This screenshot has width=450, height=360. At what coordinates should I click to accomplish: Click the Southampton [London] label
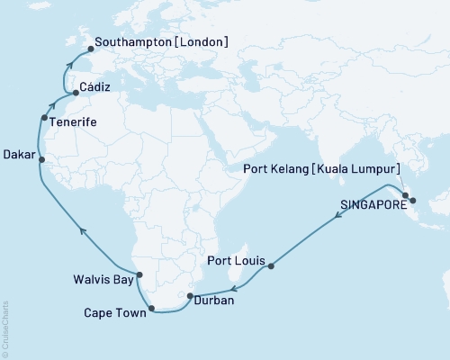162,42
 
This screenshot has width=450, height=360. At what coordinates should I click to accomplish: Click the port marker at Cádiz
76,93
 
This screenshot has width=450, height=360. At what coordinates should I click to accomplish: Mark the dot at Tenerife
44,118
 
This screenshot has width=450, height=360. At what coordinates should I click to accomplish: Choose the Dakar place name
20,154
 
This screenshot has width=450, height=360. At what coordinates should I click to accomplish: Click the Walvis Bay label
103,278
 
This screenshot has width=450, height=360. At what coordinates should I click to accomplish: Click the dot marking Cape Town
151,309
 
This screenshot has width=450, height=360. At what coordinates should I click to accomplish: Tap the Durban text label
214,301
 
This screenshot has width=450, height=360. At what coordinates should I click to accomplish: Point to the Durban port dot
190,295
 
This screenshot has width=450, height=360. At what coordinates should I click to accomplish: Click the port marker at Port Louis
271,265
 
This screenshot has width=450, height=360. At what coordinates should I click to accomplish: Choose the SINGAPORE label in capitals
372,205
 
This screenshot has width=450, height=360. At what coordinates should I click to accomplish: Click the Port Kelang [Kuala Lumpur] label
334,168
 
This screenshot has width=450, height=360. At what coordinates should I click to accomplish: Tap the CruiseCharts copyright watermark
5,329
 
